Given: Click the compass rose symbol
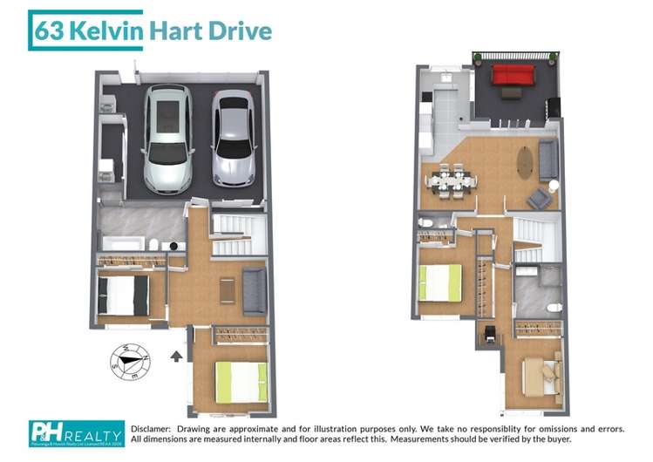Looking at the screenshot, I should (128, 359).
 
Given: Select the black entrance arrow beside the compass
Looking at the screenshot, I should (177, 356).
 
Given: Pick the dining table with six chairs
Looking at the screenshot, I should (451, 181).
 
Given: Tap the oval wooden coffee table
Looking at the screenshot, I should (525, 161).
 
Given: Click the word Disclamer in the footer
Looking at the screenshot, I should (152, 429).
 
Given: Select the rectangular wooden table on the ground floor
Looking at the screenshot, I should (228, 289).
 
